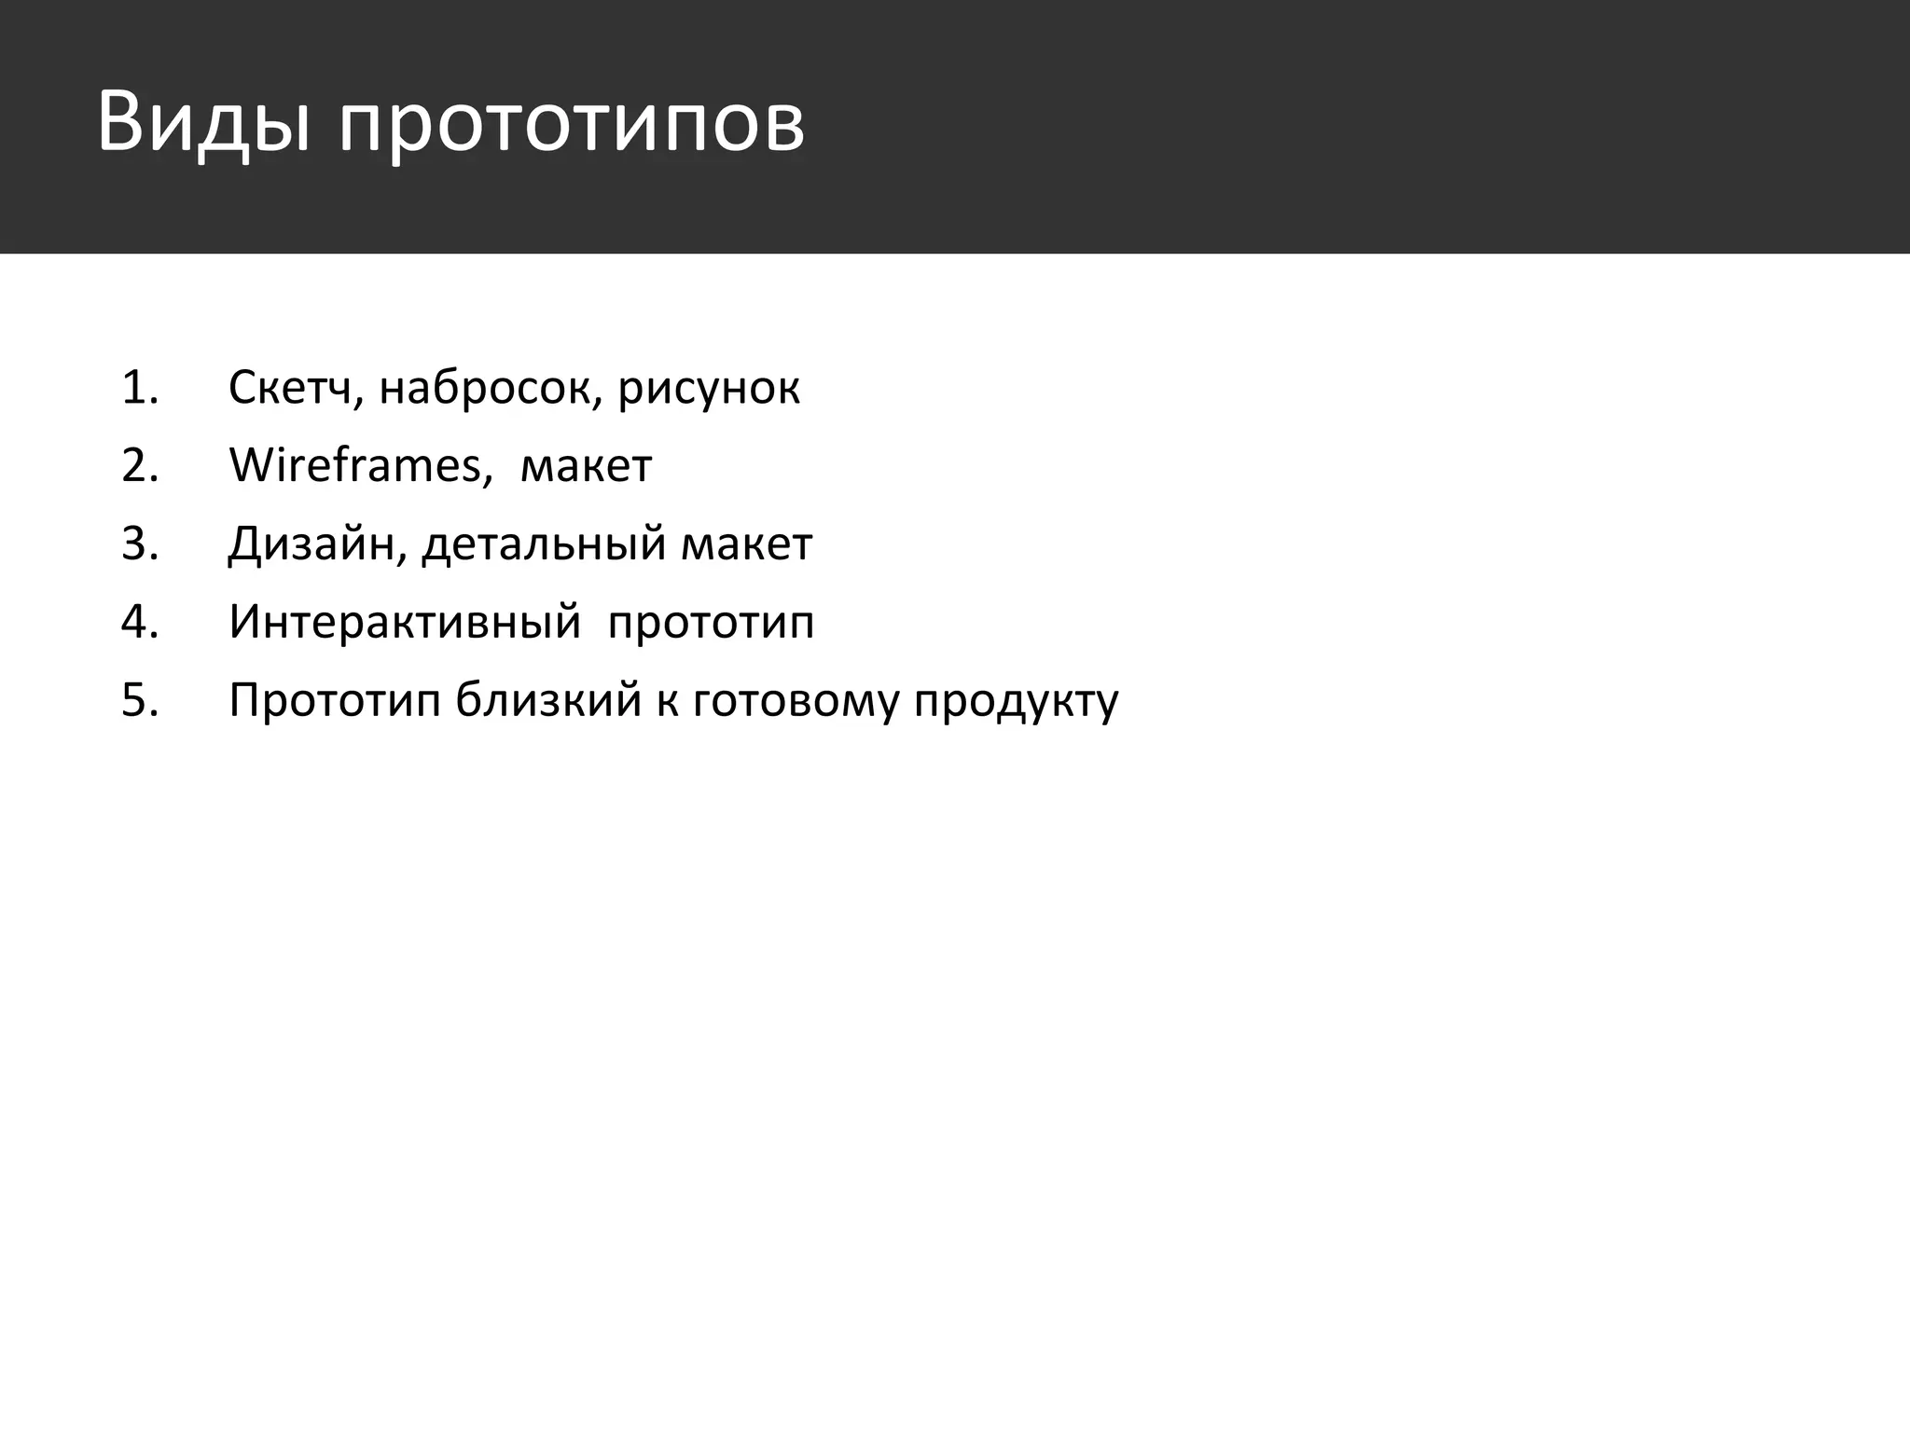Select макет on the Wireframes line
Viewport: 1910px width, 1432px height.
pos(586,466)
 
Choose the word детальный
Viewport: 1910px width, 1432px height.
pos(543,544)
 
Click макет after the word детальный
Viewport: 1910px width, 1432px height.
pos(746,544)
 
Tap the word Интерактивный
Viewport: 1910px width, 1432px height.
pos(405,622)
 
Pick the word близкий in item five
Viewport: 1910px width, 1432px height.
pos(548,700)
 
